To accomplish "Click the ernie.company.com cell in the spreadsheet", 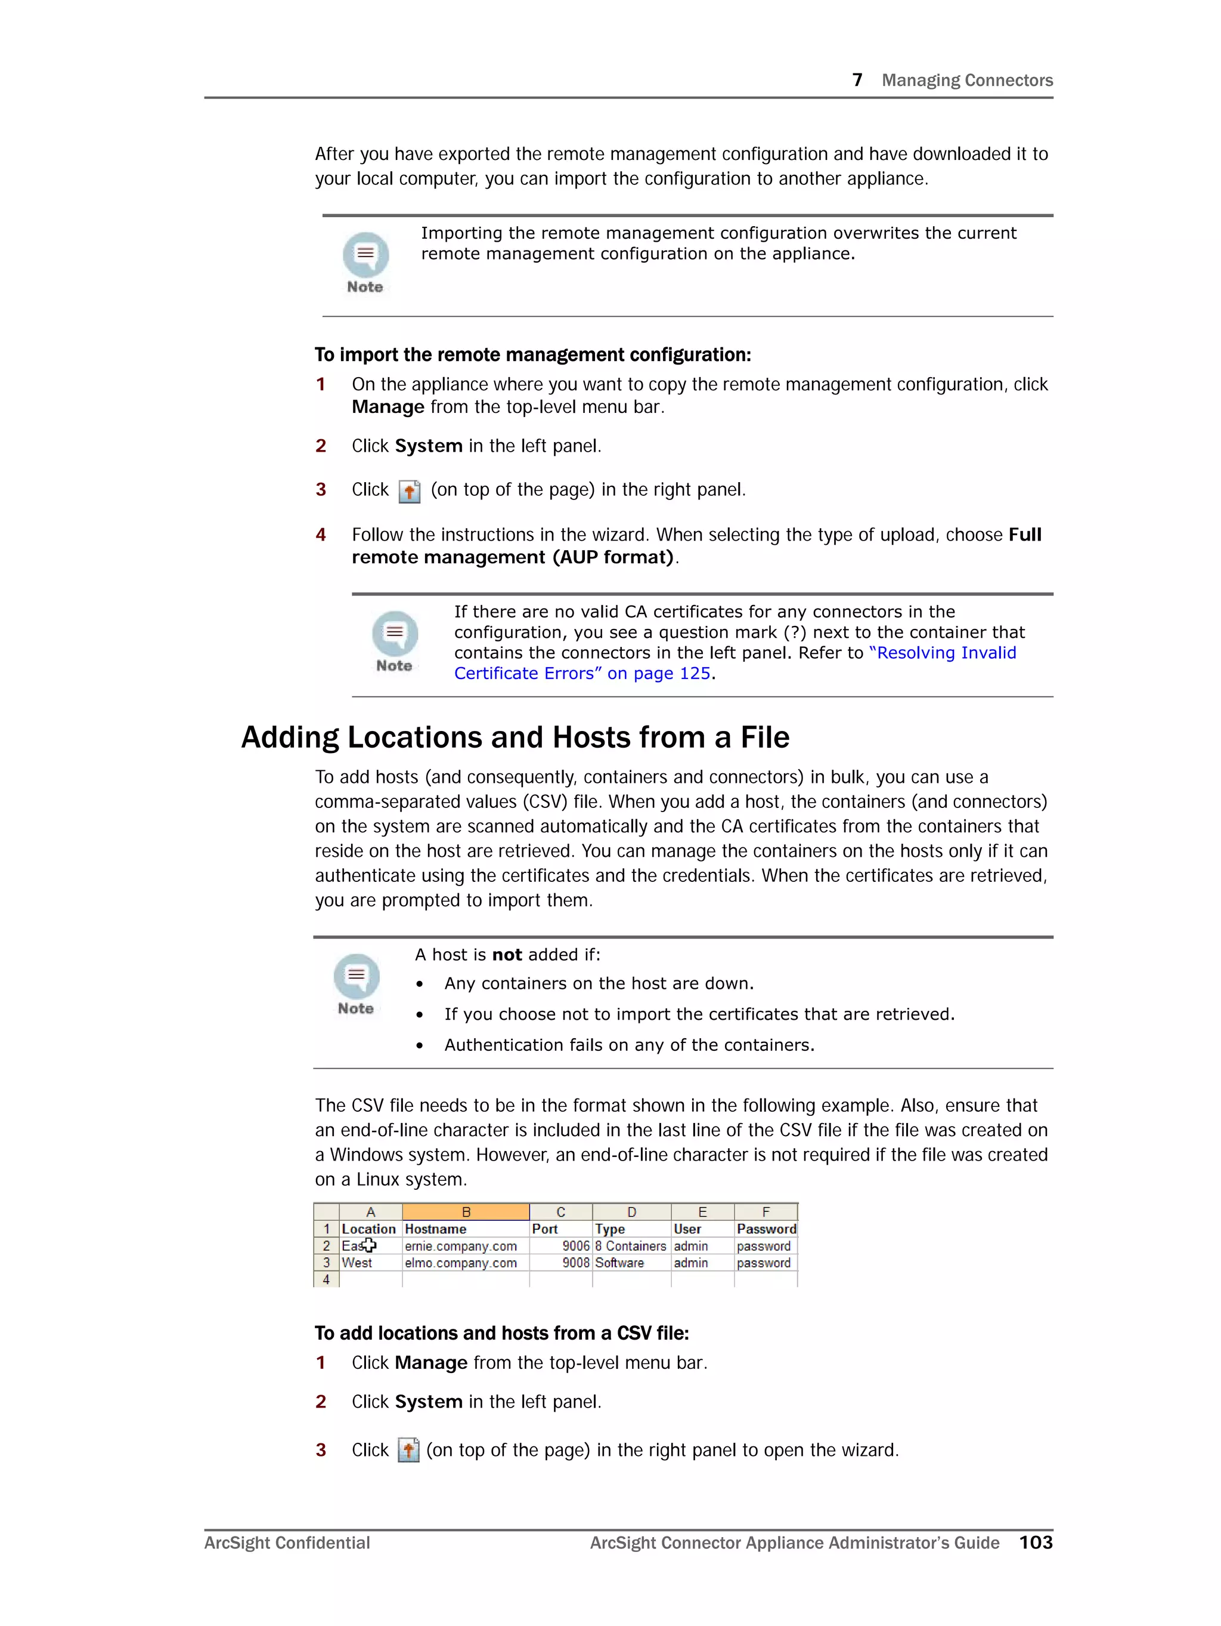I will (x=461, y=1246).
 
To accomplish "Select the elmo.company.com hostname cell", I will (x=461, y=1263).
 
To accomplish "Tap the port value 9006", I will (x=575, y=1246).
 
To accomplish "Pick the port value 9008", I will (x=575, y=1263).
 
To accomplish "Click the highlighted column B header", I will (x=465, y=1212).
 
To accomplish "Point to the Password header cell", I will (x=766, y=1229).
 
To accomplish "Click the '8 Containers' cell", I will (x=630, y=1246).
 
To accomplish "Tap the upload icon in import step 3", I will (x=409, y=491).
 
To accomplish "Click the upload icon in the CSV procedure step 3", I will (x=408, y=1451).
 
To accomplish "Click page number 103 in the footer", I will (x=1035, y=1542).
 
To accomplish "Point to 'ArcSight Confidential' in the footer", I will (x=287, y=1543).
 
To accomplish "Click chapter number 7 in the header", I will (x=857, y=80).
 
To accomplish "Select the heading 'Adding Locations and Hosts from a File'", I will (x=515, y=738).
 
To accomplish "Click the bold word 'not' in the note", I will (x=506, y=955).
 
